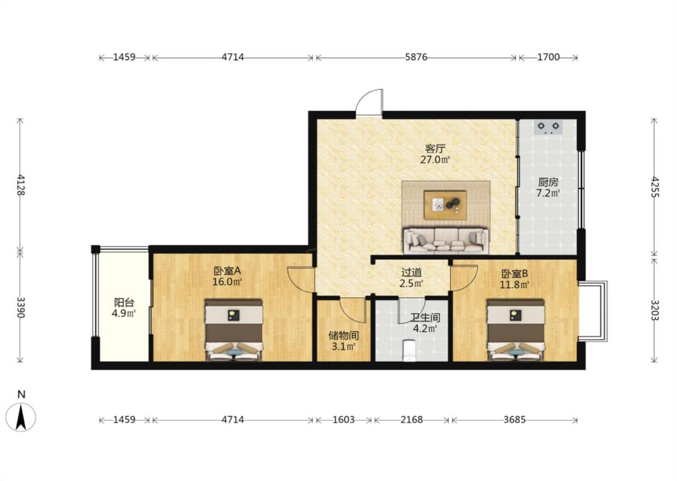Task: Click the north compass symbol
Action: (20, 417)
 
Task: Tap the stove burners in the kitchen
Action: (548, 127)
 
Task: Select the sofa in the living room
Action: (445, 240)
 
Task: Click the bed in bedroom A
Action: (233, 329)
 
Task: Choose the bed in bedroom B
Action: (516, 329)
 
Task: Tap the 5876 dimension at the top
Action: (416, 57)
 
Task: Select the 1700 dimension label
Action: (548, 57)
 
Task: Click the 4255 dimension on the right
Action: (655, 187)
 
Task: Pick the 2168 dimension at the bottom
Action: (412, 419)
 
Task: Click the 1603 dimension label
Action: (344, 419)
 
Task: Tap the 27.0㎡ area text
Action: (435, 159)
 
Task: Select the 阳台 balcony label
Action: (124, 302)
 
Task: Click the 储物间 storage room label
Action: (344, 335)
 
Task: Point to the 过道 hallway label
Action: (412, 272)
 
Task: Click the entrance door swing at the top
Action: (369, 102)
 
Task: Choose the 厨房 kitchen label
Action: (548, 182)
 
